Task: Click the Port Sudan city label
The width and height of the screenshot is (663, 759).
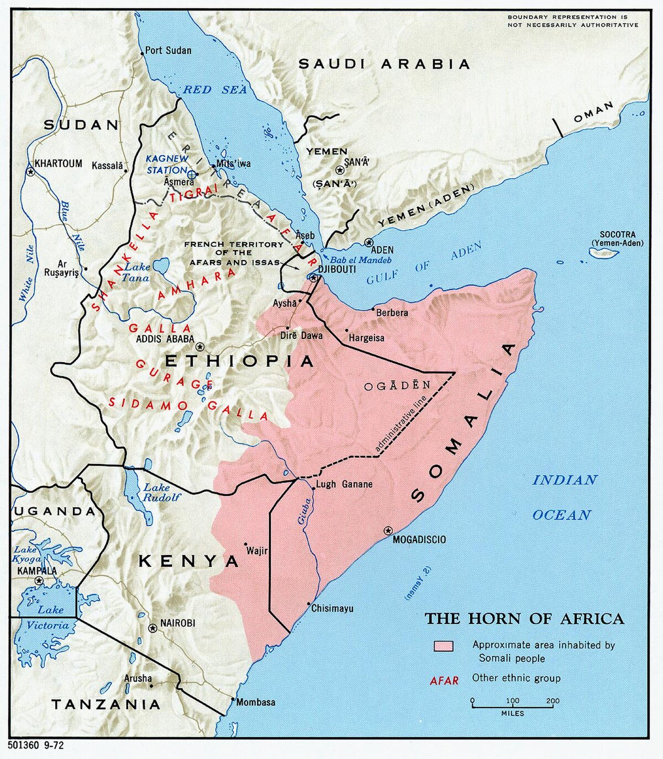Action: tap(169, 50)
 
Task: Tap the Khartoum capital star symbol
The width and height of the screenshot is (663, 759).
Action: tap(31, 172)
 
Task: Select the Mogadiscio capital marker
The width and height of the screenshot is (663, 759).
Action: tap(388, 530)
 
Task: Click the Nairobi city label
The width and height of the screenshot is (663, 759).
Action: tap(177, 623)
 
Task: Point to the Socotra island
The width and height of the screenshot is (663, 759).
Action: tap(603, 253)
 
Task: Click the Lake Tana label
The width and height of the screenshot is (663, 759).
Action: tap(136, 272)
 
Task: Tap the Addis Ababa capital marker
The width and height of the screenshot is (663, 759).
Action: tap(201, 347)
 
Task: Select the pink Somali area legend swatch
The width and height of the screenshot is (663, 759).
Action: tap(443, 646)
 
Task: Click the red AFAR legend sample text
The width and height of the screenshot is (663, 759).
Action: tap(444, 681)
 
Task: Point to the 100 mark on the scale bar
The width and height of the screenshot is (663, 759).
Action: tap(513, 701)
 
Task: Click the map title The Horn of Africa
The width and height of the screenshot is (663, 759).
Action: tap(524, 618)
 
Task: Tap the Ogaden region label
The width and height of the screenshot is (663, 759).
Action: tap(397, 386)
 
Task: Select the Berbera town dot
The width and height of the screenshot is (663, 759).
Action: tap(373, 309)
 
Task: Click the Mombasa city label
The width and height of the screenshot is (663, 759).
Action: tap(256, 702)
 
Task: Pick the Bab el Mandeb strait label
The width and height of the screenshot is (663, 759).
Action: tap(361, 259)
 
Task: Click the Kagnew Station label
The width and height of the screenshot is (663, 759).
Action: tap(167, 164)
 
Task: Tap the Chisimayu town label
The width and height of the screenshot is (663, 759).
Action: tap(332, 608)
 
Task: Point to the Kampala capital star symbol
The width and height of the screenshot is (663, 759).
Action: tap(39, 581)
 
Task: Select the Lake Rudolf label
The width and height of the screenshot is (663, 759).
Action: tap(161, 492)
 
